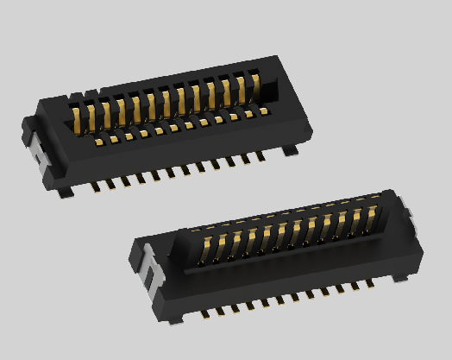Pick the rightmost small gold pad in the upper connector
(x=262, y=111)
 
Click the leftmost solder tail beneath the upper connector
(x=93, y=186)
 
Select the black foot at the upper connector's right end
(x=290, y=150)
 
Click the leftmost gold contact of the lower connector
(x=207, y=246)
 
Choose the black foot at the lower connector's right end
(x=402, y=277)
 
